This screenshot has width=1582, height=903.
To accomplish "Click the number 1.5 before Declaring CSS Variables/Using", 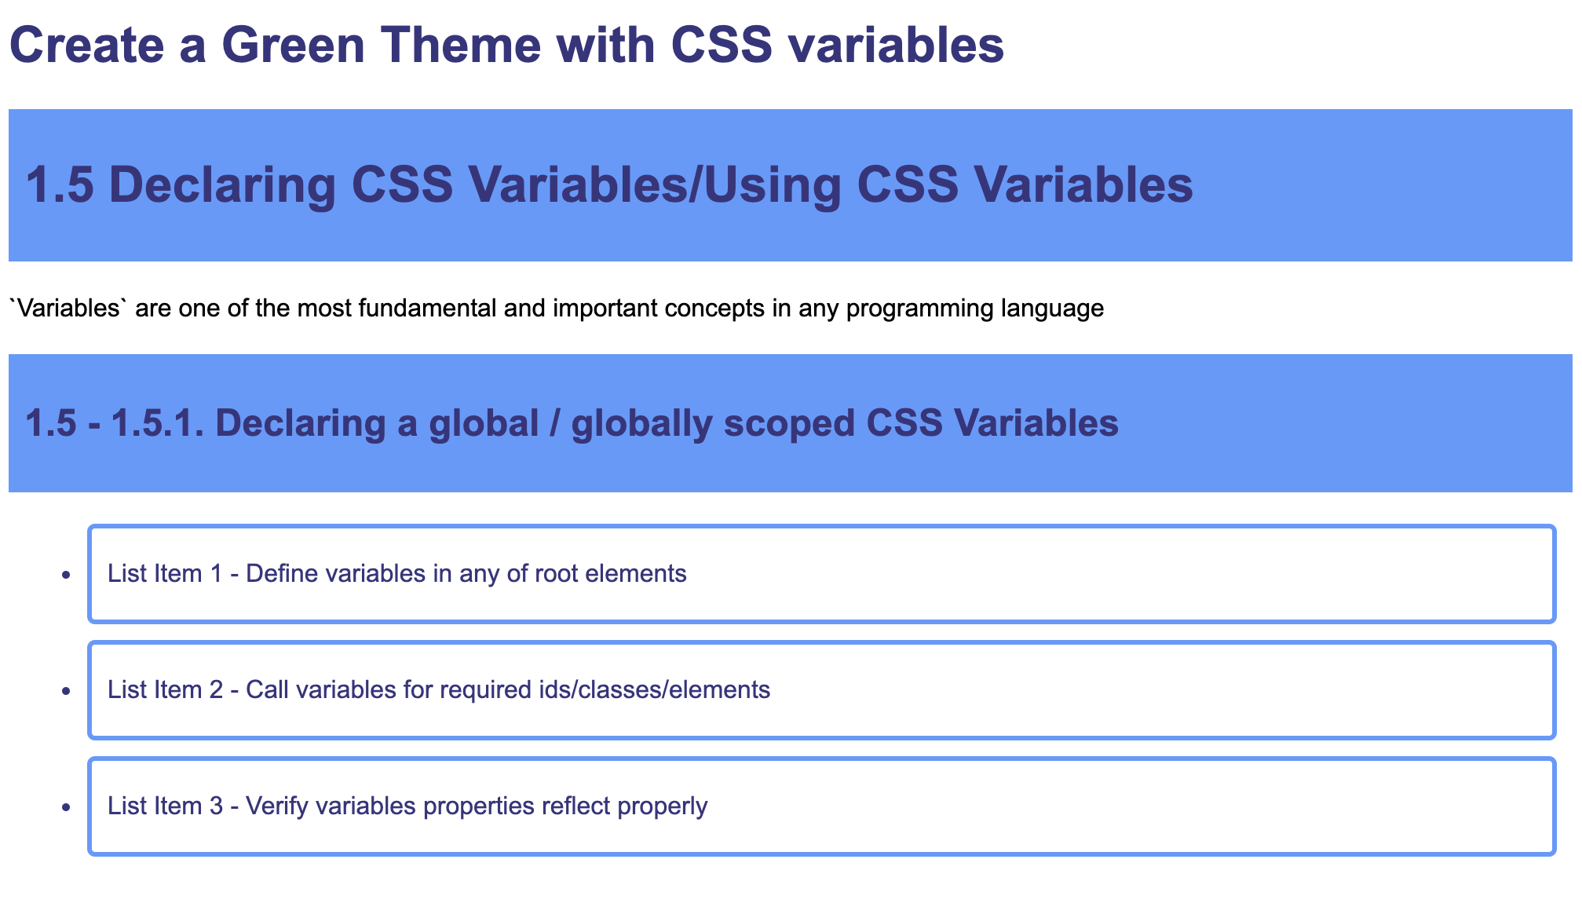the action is click(x=60, y=185).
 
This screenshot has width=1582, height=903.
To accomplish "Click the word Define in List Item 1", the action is click(x=282, y=573).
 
